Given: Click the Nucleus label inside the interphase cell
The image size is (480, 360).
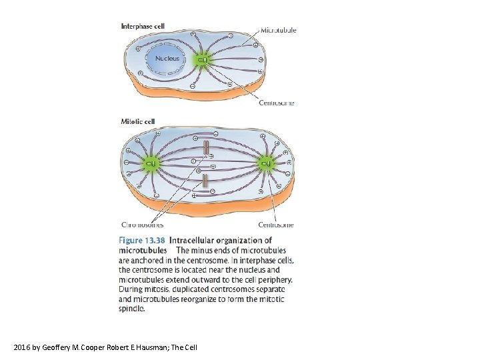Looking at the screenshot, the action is pos(172,59).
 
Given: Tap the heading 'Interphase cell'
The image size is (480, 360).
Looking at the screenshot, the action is pos(143,27).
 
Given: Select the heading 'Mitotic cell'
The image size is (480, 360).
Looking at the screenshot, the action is pos(137,121).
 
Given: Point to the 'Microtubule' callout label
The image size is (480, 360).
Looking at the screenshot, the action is pos(278,30).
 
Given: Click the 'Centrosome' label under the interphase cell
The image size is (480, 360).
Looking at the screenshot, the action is pos(276,103).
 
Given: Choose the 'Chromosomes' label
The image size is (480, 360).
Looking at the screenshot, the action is pos(143,225).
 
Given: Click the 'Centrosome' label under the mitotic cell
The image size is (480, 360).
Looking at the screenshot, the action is pos(276,225).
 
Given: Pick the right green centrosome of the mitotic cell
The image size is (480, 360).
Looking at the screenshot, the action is pos(265,162).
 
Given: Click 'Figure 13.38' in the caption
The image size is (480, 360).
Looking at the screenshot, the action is pos(141,240).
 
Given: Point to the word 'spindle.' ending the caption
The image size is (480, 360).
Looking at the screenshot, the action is pos(131,309).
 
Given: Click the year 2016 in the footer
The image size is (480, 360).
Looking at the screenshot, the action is pos(21,347).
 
